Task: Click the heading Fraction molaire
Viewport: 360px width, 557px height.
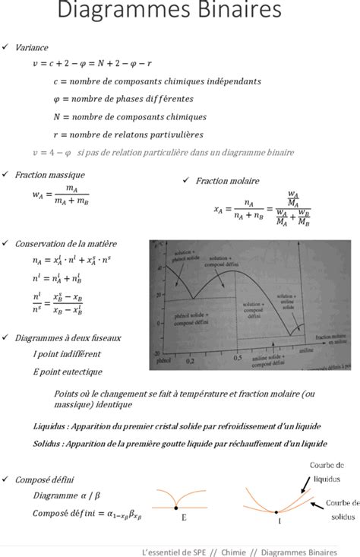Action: pyautogui.click(x=227, y=182)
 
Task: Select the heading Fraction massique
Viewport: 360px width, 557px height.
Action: pyautogui.click(x=49, y=175)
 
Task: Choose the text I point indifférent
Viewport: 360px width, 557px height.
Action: pyautogui.click(x=67, y=354)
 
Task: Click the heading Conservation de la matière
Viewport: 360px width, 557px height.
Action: pyautogui.click(x=66, y=243)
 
